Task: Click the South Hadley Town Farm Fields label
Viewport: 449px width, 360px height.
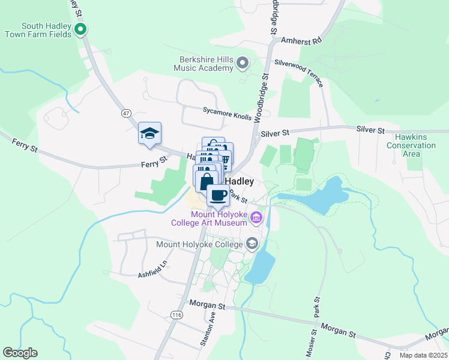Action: click(38, 30)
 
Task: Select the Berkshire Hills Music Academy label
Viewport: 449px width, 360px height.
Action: click(203, 64)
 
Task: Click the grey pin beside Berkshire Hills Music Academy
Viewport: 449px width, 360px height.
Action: click(243, 62)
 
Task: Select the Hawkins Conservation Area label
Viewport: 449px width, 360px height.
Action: click(411, 145)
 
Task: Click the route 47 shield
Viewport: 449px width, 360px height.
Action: click(125, 113)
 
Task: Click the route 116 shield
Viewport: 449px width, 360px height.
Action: click(176, 314)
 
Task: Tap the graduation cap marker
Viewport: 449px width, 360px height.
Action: click(149, 133)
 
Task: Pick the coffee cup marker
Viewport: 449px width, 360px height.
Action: click(218, 195)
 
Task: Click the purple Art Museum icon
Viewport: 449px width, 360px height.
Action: click(257, 217)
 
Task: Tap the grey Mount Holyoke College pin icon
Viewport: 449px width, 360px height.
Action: click(252, 243)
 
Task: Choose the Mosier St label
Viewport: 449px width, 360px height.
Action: click(313, 341)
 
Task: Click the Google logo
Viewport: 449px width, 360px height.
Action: click(20, 353)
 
